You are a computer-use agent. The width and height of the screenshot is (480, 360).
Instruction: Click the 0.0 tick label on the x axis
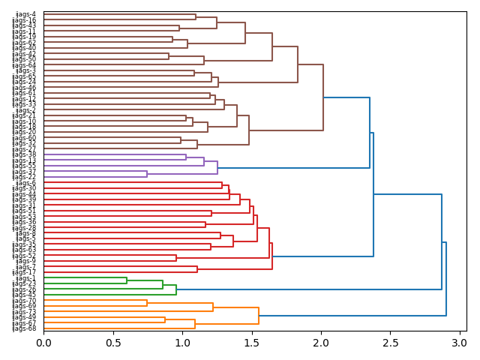(43, 343)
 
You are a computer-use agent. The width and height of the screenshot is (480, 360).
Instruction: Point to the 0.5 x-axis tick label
(113, 343)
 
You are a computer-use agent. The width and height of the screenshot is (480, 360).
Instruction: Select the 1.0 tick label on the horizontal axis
(182, 343)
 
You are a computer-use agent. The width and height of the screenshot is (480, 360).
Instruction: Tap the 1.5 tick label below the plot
(252, 343)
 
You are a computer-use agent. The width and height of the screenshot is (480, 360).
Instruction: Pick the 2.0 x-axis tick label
(321, 343)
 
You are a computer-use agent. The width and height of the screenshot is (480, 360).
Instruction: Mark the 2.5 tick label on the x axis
(391, 343)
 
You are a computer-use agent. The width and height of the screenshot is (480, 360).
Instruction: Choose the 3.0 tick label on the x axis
(460, 343)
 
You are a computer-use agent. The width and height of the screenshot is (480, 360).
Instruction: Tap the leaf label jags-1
(25, 278)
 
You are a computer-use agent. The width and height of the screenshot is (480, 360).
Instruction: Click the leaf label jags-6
(25, 183)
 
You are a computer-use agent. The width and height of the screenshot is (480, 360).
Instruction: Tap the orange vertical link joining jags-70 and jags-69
(147, 304)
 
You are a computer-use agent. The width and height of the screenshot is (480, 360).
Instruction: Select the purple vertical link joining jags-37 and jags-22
(147, 175)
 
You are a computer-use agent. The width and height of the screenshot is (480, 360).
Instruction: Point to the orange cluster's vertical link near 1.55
(259, 315)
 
